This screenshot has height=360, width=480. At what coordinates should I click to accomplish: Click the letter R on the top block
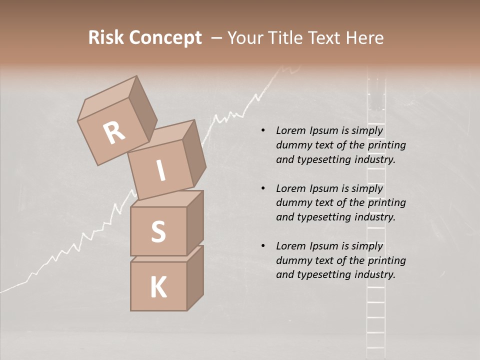tap(114, 133)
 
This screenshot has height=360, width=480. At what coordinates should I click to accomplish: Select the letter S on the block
tap(158, 232)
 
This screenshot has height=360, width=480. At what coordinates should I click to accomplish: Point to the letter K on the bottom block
tap(158, 287)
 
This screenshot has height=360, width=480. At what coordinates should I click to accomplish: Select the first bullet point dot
tap(263, 131)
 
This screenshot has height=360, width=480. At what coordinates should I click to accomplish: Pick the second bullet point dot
tap(263, 188)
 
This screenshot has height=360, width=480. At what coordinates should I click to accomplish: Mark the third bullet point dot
tap(263, 246)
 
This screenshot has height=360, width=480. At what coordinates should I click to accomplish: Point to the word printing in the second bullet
tap(386, 202)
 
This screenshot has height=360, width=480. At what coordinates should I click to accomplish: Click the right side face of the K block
tap(195, 277)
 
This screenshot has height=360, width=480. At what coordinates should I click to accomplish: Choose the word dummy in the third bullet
tap(293, 260)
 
